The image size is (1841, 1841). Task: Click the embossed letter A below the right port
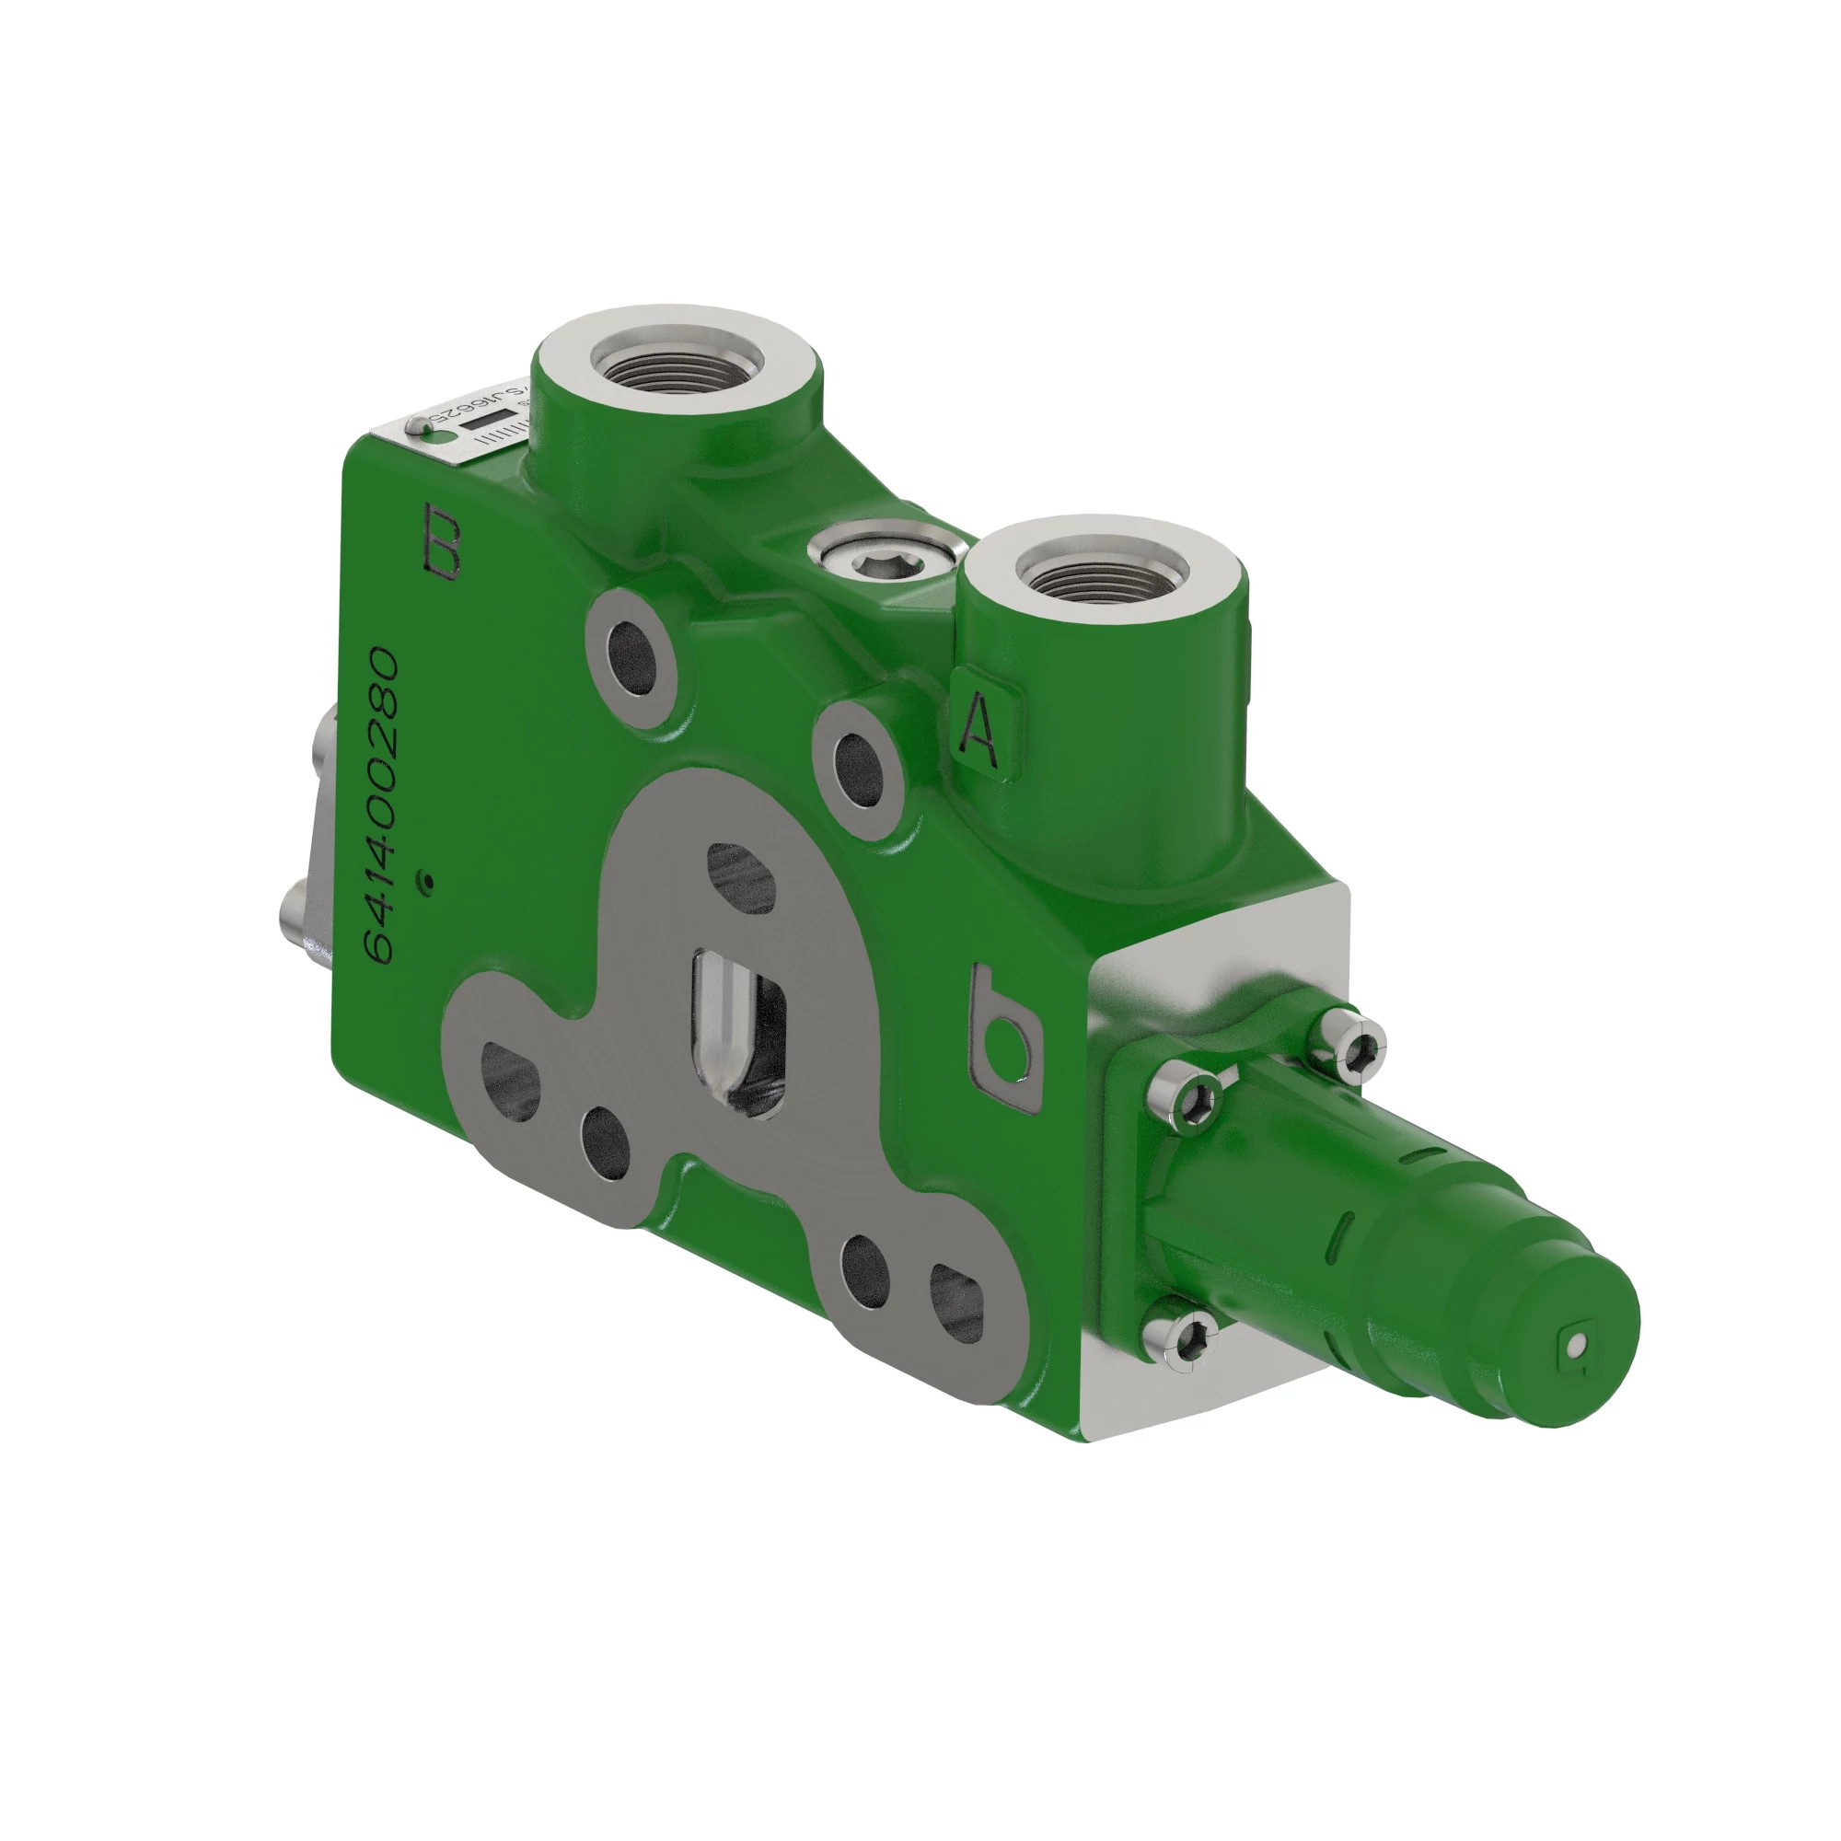point(978,732)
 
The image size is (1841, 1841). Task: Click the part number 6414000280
point(382,805)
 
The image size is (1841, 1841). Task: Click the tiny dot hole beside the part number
point(429,883)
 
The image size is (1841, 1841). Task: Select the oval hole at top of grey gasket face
point(740,876)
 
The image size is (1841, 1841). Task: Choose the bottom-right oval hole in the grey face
point(955,1303)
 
